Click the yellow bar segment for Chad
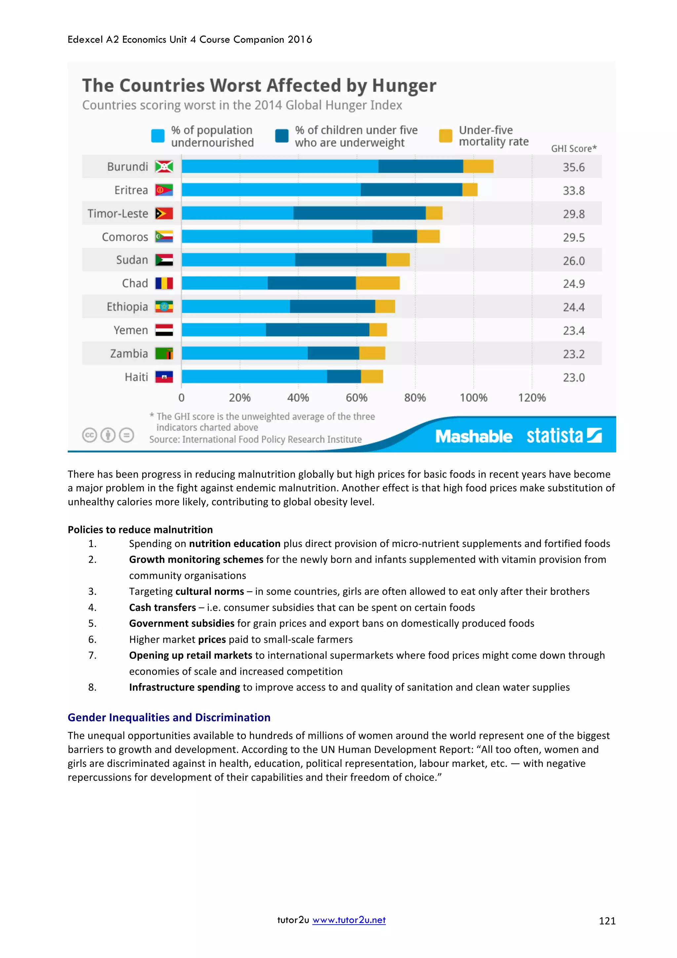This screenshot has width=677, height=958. [378, 283]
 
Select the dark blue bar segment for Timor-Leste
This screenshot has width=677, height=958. [359, 213]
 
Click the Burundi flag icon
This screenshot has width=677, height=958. [164, 167]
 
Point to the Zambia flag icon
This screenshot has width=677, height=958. [164, 353]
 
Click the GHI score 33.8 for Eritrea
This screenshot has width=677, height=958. [574, 191]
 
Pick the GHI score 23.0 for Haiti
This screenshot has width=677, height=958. [574, 378]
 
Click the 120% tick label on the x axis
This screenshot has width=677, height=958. [532, 398]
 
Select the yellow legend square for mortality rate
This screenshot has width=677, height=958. [446, 136]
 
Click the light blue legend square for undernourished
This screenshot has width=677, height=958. [158, 136]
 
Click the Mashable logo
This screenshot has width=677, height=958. [473, 436]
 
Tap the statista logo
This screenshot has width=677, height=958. [563, 436]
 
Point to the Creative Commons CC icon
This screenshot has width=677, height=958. [89, 435]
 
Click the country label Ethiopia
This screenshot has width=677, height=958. [127, 307]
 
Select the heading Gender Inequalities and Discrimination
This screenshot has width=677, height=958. [169, 717]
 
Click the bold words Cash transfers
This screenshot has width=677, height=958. [162, 608]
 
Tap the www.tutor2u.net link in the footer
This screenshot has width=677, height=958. [349, 920]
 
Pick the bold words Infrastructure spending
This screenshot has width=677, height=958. [184, 687]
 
